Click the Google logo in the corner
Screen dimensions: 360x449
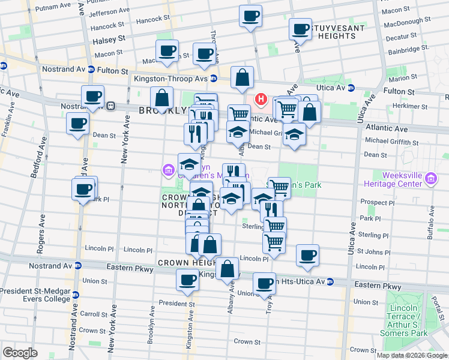20,353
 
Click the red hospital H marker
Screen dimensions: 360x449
261,99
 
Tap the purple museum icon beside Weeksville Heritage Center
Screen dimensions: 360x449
430,178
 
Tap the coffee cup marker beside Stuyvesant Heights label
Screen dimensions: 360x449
300,28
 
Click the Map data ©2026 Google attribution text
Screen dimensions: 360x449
411,355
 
